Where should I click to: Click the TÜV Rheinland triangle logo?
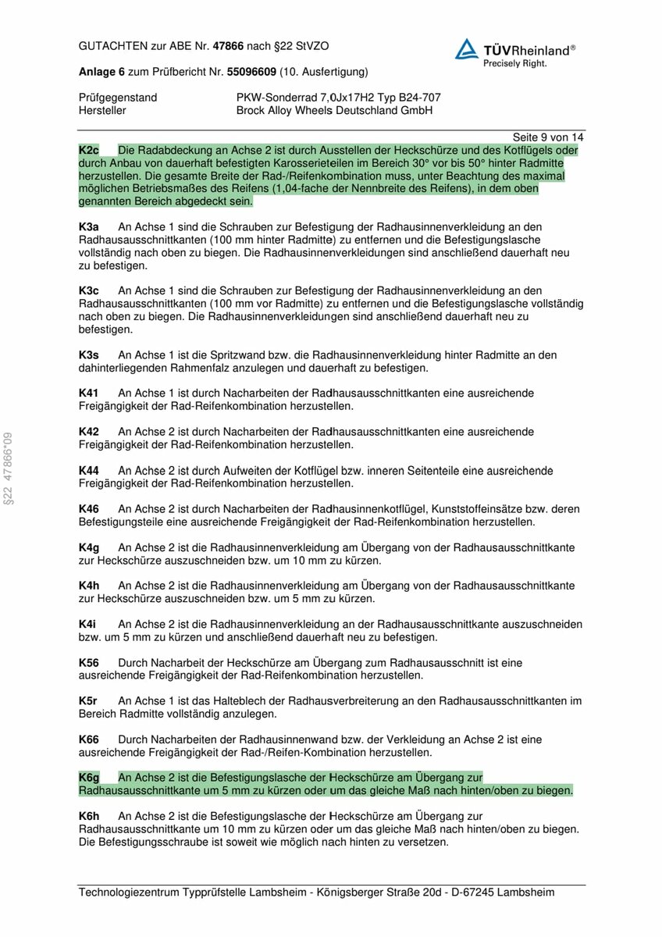(x=467, y=49)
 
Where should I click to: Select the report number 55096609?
(x=251, y=72)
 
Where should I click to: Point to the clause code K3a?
(x=88, y=226)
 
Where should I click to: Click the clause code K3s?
(x=88, y=354)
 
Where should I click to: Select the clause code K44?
(x=89, y=470)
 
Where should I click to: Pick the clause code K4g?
(x=89, y=547)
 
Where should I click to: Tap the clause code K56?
(x=89, y=662)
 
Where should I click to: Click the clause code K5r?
(x=88, y=700)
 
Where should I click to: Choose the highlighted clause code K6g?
(x=89, y=777)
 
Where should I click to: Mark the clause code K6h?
(x=89, y=815)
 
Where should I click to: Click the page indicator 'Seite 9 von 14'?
(x=548, y=137)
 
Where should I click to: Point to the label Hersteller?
(x=102, y=111)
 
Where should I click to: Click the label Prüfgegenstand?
(x=118, y=98)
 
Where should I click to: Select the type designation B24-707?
(x=415, y=98)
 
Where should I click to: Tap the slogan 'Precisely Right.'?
(x=515, y=62)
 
